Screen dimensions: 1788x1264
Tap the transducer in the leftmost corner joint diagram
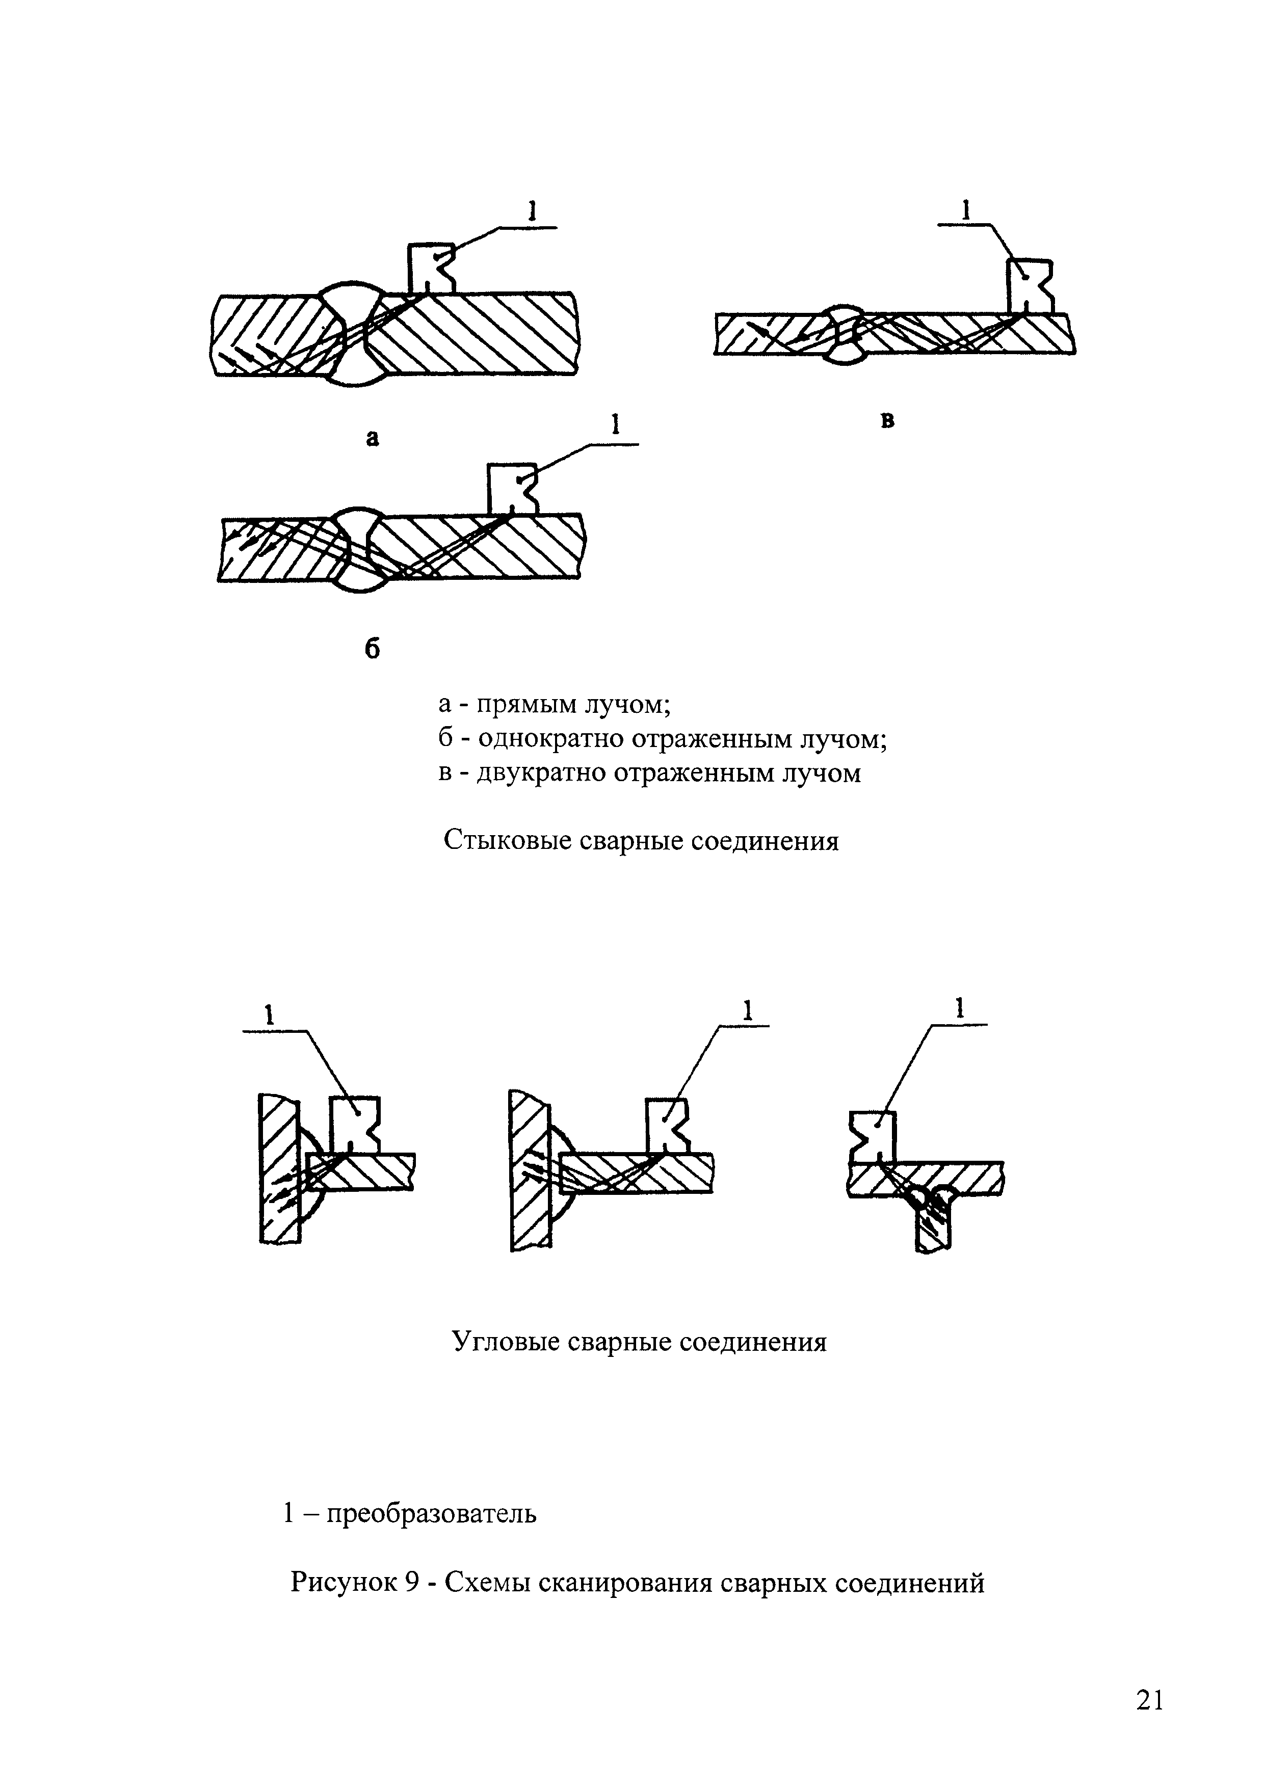point(354,1124)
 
